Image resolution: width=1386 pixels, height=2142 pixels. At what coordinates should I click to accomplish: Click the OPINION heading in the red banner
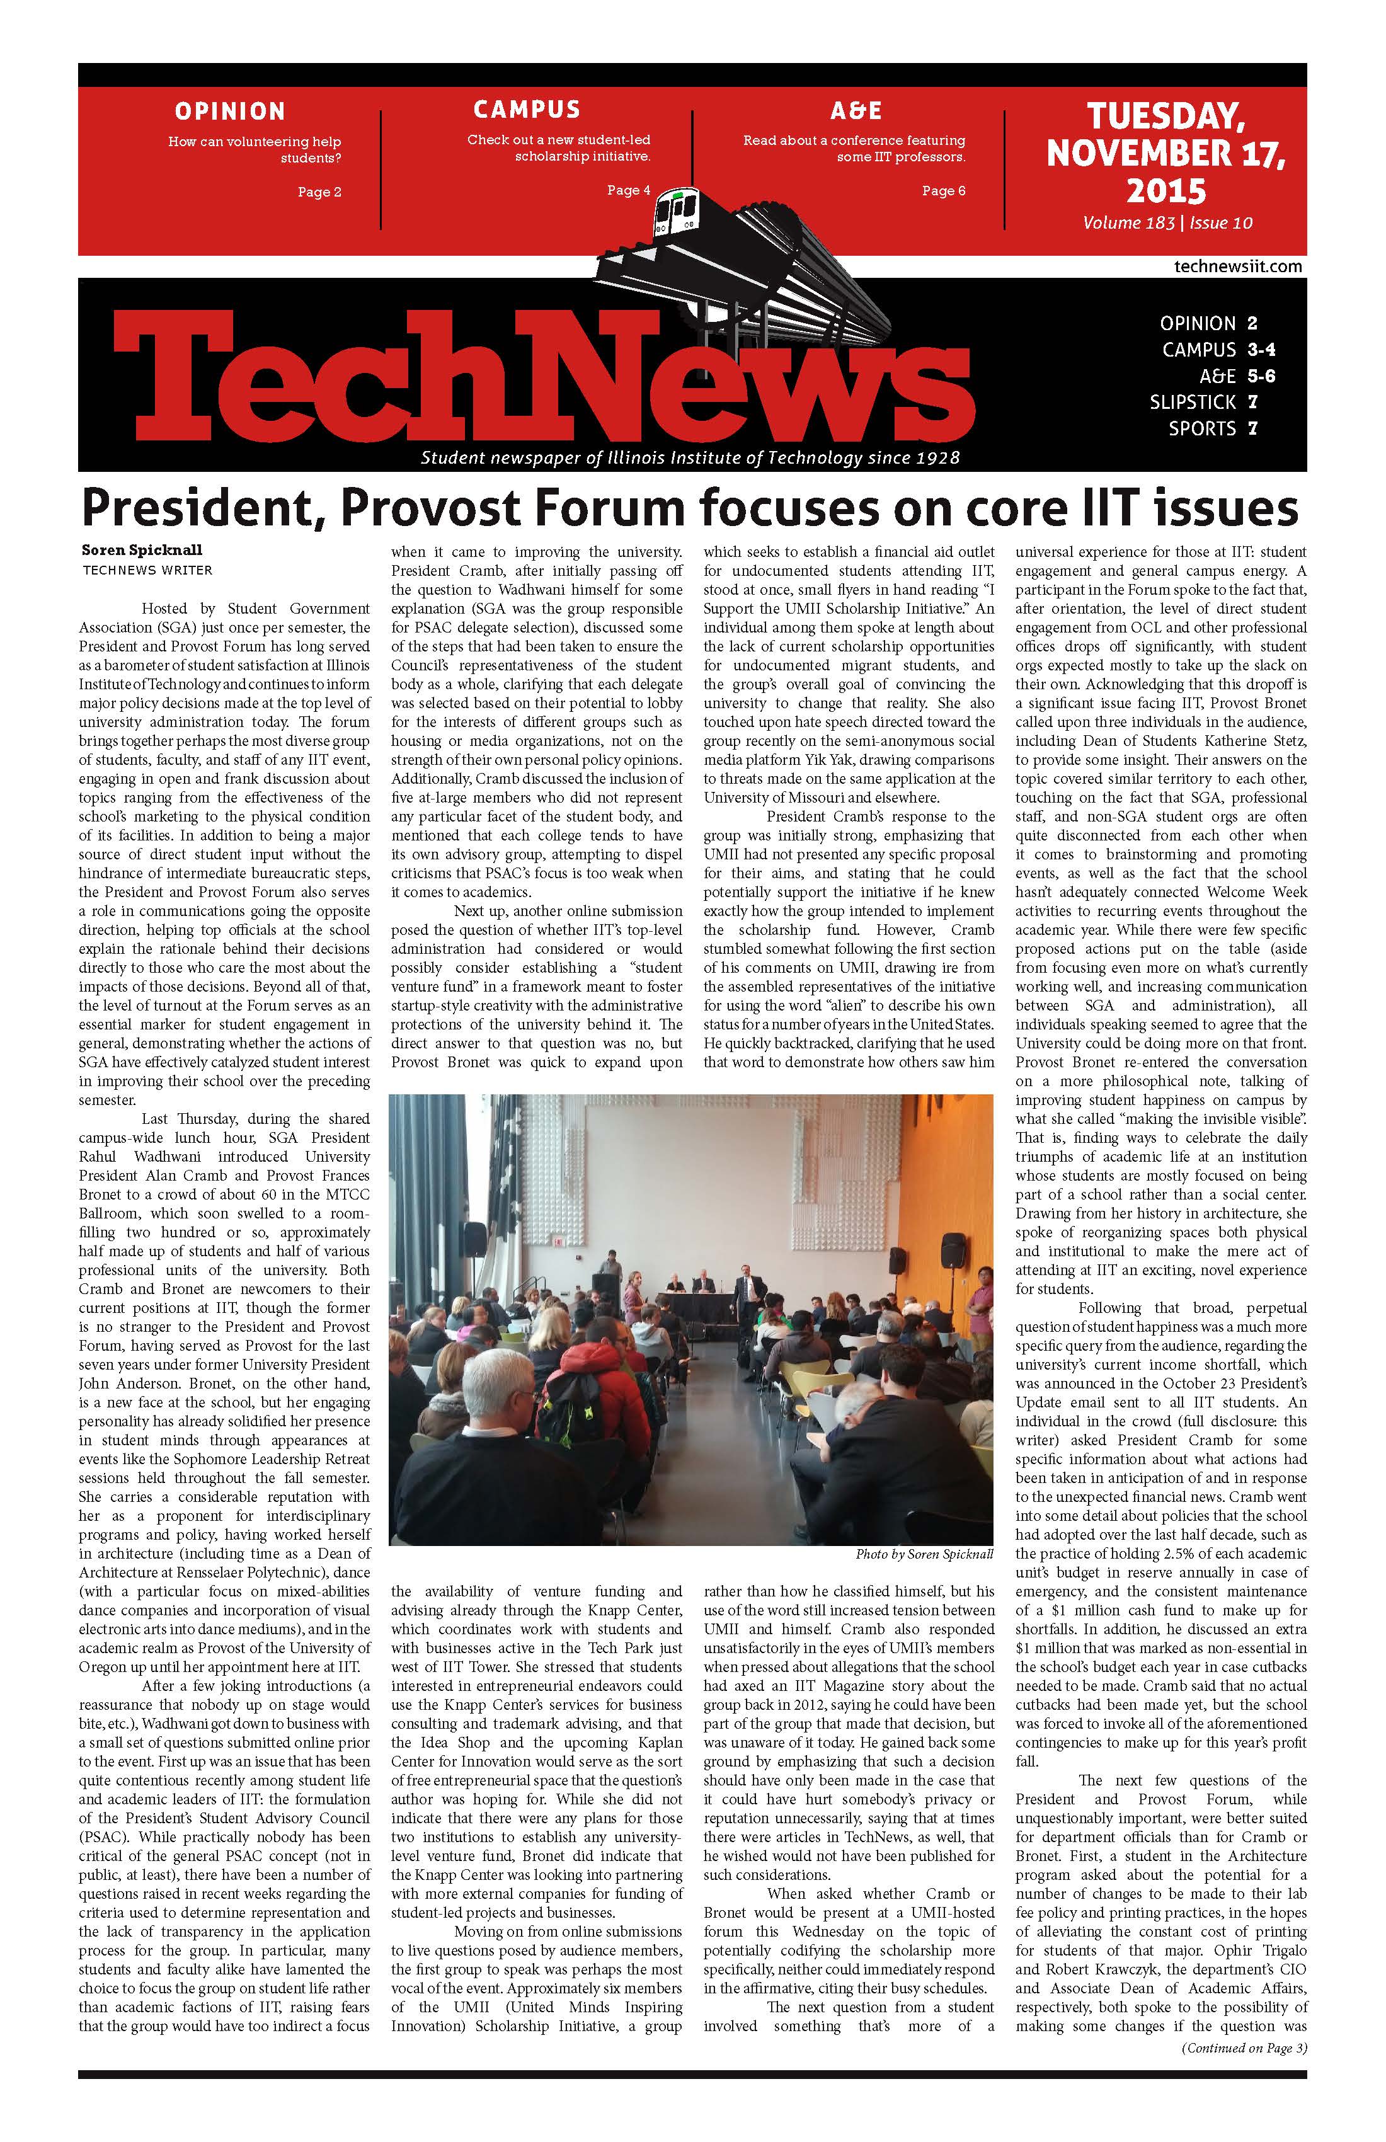click(229, 112)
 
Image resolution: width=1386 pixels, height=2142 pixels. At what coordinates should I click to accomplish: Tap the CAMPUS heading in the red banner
click(527, 110)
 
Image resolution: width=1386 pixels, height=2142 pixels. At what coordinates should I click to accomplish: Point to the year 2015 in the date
click(1165, 191)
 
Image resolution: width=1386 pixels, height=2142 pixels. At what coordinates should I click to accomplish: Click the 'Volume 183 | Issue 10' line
click(1167, 223)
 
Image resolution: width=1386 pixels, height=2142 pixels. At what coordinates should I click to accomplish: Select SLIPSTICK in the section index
click(1193, 403)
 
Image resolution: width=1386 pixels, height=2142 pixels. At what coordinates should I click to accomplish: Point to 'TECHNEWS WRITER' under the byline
click(147, 570)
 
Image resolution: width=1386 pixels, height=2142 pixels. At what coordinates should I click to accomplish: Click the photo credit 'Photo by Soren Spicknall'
click(924, 1554)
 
